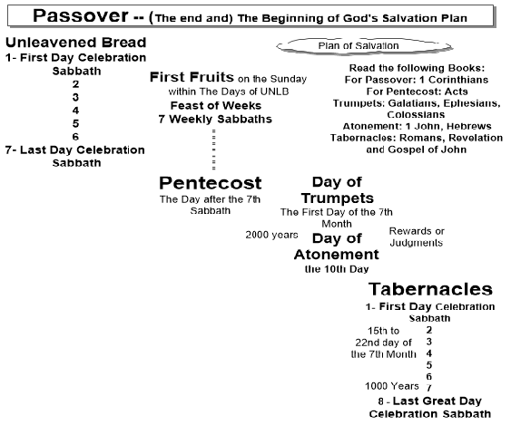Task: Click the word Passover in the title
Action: pos(81,16)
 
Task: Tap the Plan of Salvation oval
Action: pos(364,46)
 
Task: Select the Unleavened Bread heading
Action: pos(76,43)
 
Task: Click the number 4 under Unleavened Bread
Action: pos(75,111)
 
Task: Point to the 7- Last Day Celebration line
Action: pos(75,150)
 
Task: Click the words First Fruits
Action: pos(192,77)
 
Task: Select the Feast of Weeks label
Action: pos(216,105)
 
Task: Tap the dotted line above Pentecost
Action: pos(214,150)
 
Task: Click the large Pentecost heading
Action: pos(211,183)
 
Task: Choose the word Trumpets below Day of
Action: pos(338,198)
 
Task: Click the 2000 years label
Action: pos(271,235)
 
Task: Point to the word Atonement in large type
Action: pos(337,255)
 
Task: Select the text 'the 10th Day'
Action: pos(337,269)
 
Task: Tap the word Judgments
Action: pos(417,243)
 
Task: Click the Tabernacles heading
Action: pos(430,289)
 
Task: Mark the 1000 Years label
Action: pos(392,386)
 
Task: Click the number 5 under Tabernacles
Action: pos(429,365)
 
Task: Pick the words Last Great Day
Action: pos(437,401)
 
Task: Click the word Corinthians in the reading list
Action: pos(458,80)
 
